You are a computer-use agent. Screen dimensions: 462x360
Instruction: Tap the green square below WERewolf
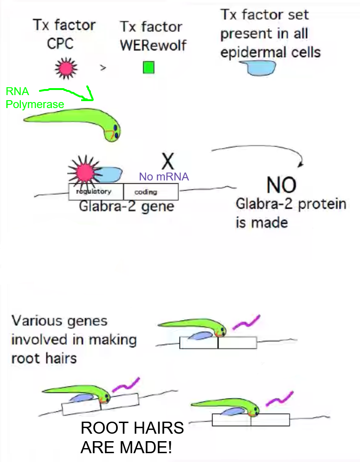(x=148, y=68)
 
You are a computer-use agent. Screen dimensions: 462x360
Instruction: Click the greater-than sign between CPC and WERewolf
(x=103, y=68)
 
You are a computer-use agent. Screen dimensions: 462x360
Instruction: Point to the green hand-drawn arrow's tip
(x=93, y=99)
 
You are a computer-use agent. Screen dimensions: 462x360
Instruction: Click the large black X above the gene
(x=167, y=160)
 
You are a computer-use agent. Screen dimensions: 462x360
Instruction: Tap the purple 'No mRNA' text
(x=164, y=177)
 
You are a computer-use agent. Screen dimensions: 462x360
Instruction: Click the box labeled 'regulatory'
(x=96, y=192)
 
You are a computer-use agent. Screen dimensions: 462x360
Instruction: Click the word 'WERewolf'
(x=153, y=46)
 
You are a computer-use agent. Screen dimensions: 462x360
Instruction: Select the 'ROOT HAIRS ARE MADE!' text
(x=132, y=437)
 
